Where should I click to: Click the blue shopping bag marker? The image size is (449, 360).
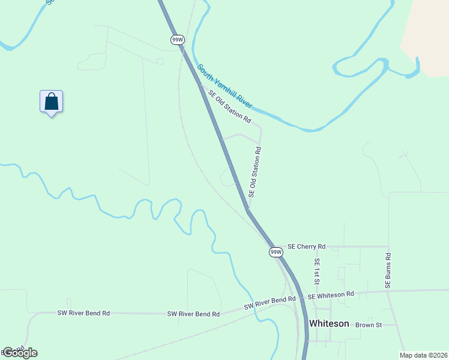tap(52, 101)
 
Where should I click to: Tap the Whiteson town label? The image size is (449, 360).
tap(328, 323)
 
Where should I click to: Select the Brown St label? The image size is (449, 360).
tap(369, 325)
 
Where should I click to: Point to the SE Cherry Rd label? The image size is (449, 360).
tap(306, 247)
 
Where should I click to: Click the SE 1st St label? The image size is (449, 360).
tap(317, 272)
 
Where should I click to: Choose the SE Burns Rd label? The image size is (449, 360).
tap(388, 271)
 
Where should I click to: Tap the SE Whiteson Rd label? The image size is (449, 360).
tap(331, 295)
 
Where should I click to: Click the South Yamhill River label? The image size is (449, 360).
tap(224, 87)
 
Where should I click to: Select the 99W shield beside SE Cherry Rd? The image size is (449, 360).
tap(276, 251)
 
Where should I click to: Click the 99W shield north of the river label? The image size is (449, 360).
tap(177, 40)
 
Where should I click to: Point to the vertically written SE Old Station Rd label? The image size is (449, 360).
tap(255, 172)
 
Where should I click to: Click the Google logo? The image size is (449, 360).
tap(20, 353)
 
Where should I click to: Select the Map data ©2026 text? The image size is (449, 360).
tap(423, 355)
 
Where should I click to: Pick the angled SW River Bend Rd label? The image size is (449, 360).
tap(270, 302)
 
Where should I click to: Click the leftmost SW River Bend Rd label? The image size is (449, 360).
tap(83, 313)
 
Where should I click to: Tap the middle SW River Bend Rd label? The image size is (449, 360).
tap(193, 314)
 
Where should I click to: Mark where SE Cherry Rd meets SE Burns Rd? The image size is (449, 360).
tap(388, 246)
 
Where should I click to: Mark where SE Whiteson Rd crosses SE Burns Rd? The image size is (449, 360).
tap(390, 292)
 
